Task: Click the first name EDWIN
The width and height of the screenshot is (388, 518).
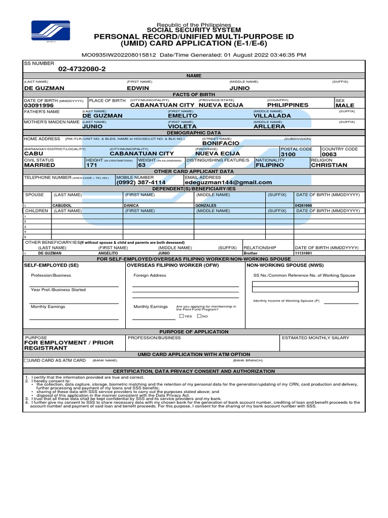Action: tap(138, 88)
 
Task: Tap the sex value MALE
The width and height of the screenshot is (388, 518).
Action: tap(345, 105)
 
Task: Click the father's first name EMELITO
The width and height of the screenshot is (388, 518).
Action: tap(182, 116)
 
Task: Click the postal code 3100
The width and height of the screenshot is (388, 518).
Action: tap(288, 154)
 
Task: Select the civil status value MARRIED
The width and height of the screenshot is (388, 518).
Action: tap(40, 165)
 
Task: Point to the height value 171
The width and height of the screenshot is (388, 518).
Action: tap(91, 165)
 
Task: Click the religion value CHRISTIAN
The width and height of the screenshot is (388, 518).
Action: tap(329, 165)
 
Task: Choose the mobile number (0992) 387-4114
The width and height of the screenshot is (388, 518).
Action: tap(141, 182)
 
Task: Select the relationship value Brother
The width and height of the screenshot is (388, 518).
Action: tap(251, 253)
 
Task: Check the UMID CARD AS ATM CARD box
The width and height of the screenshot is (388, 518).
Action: tap(26, 361)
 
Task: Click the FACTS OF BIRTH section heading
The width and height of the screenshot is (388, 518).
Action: tap(194, 94)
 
